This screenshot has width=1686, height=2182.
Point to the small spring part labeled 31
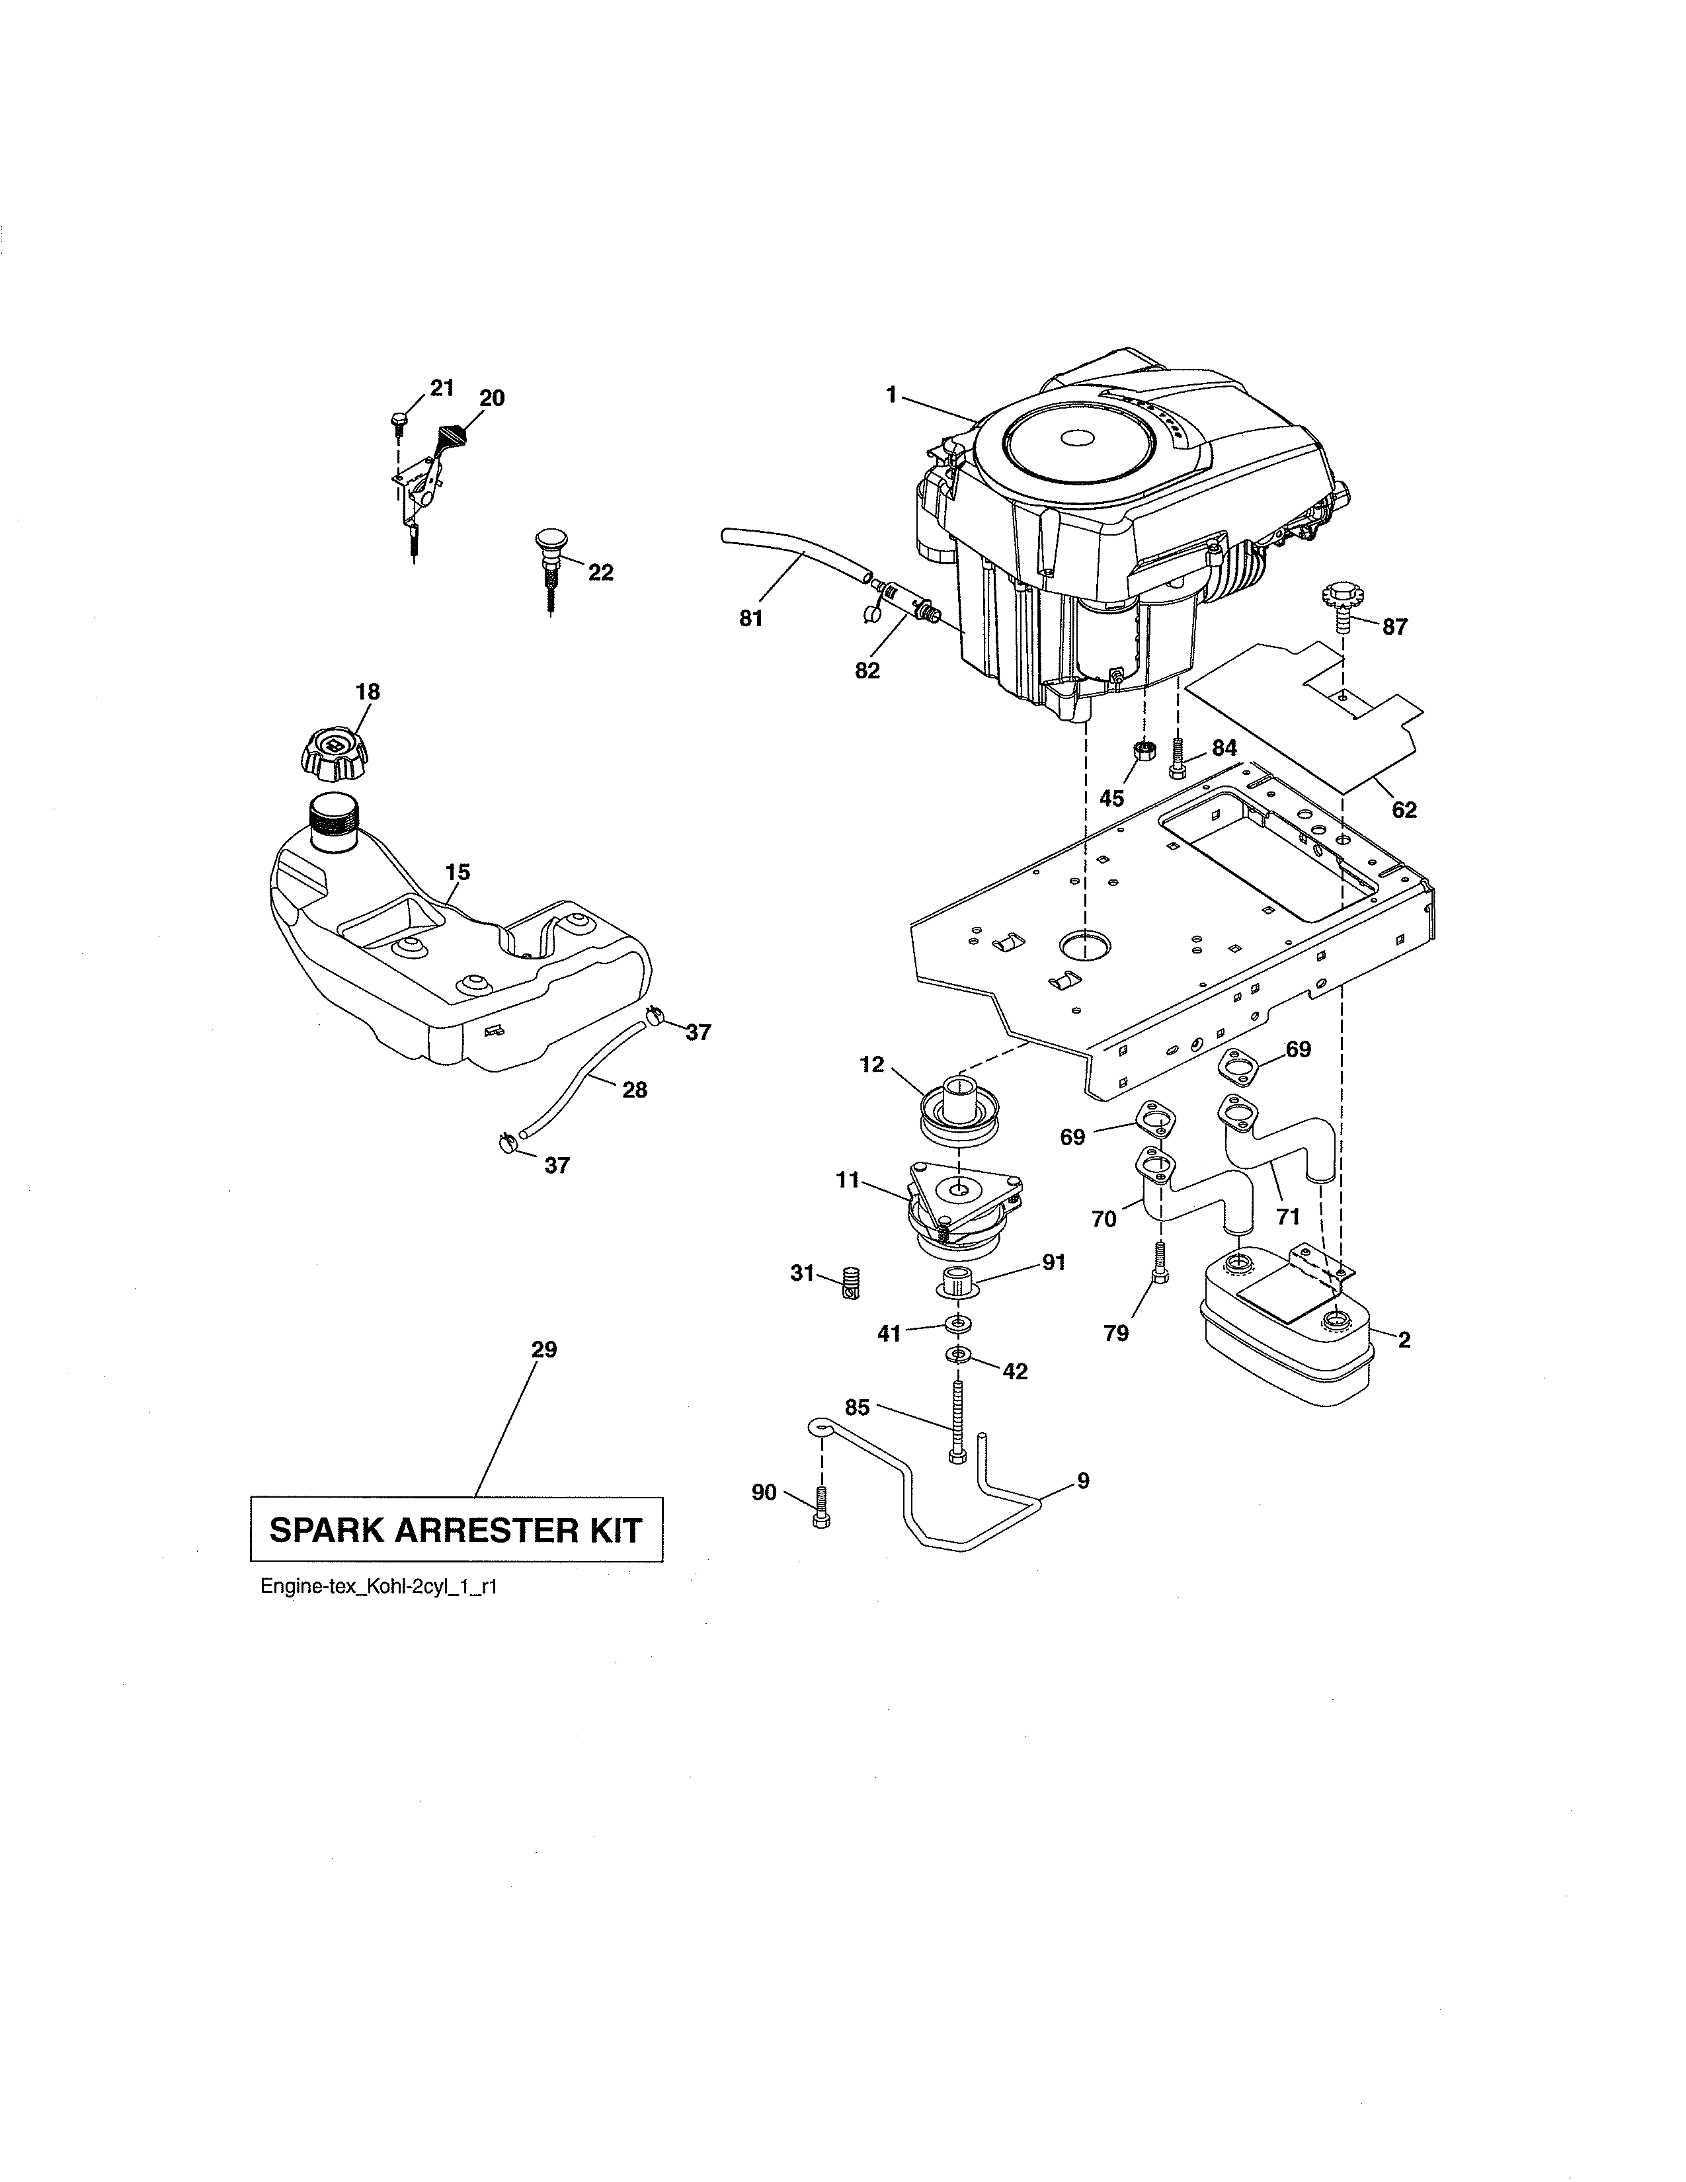851,1282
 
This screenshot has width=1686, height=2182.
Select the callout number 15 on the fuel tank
458,872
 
